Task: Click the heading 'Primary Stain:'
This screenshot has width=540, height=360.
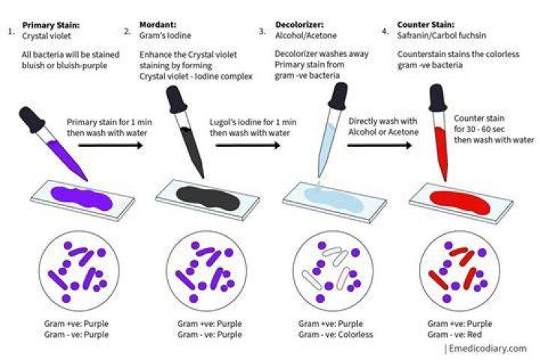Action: tap(51, 25)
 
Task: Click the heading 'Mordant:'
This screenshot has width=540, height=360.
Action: tap(157, 25)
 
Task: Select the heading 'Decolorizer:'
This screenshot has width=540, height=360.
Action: tap(299, 25)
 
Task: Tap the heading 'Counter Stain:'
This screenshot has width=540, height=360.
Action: tap(426, 25)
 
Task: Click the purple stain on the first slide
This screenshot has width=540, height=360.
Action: tap(82, 198)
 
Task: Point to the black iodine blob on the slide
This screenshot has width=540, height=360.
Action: tap(208, 198)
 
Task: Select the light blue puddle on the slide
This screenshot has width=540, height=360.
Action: tap(333, 198)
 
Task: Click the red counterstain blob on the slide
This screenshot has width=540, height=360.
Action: tap(460, 202)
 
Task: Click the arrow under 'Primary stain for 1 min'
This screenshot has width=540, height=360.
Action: tap(110, 145)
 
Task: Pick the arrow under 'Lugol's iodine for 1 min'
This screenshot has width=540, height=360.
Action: tap(248, 145)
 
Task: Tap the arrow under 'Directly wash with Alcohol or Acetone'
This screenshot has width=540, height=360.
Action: tap(379, 145)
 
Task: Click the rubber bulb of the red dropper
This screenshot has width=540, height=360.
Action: tap(438, 98)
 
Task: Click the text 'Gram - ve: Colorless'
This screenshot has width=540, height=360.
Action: tap(336, 334)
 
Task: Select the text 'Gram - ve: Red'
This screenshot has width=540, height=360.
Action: tap(454, 334)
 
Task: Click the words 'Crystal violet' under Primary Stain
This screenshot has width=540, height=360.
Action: tap(46, 36)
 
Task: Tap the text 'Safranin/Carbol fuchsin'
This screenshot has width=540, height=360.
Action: tap(442, 35)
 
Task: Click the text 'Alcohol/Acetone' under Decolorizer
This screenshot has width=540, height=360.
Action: tap(306, 35)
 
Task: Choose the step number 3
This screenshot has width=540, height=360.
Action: tap(262, 31)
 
